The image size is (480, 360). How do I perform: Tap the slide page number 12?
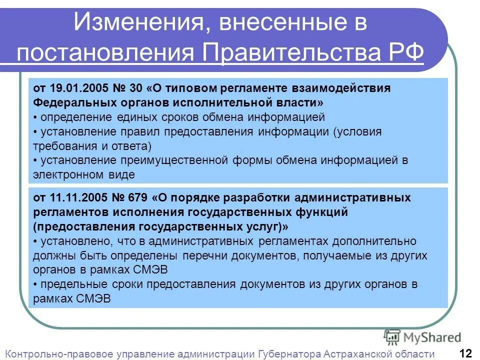(x=465, y=353)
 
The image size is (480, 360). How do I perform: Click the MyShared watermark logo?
(x=422, y=337)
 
